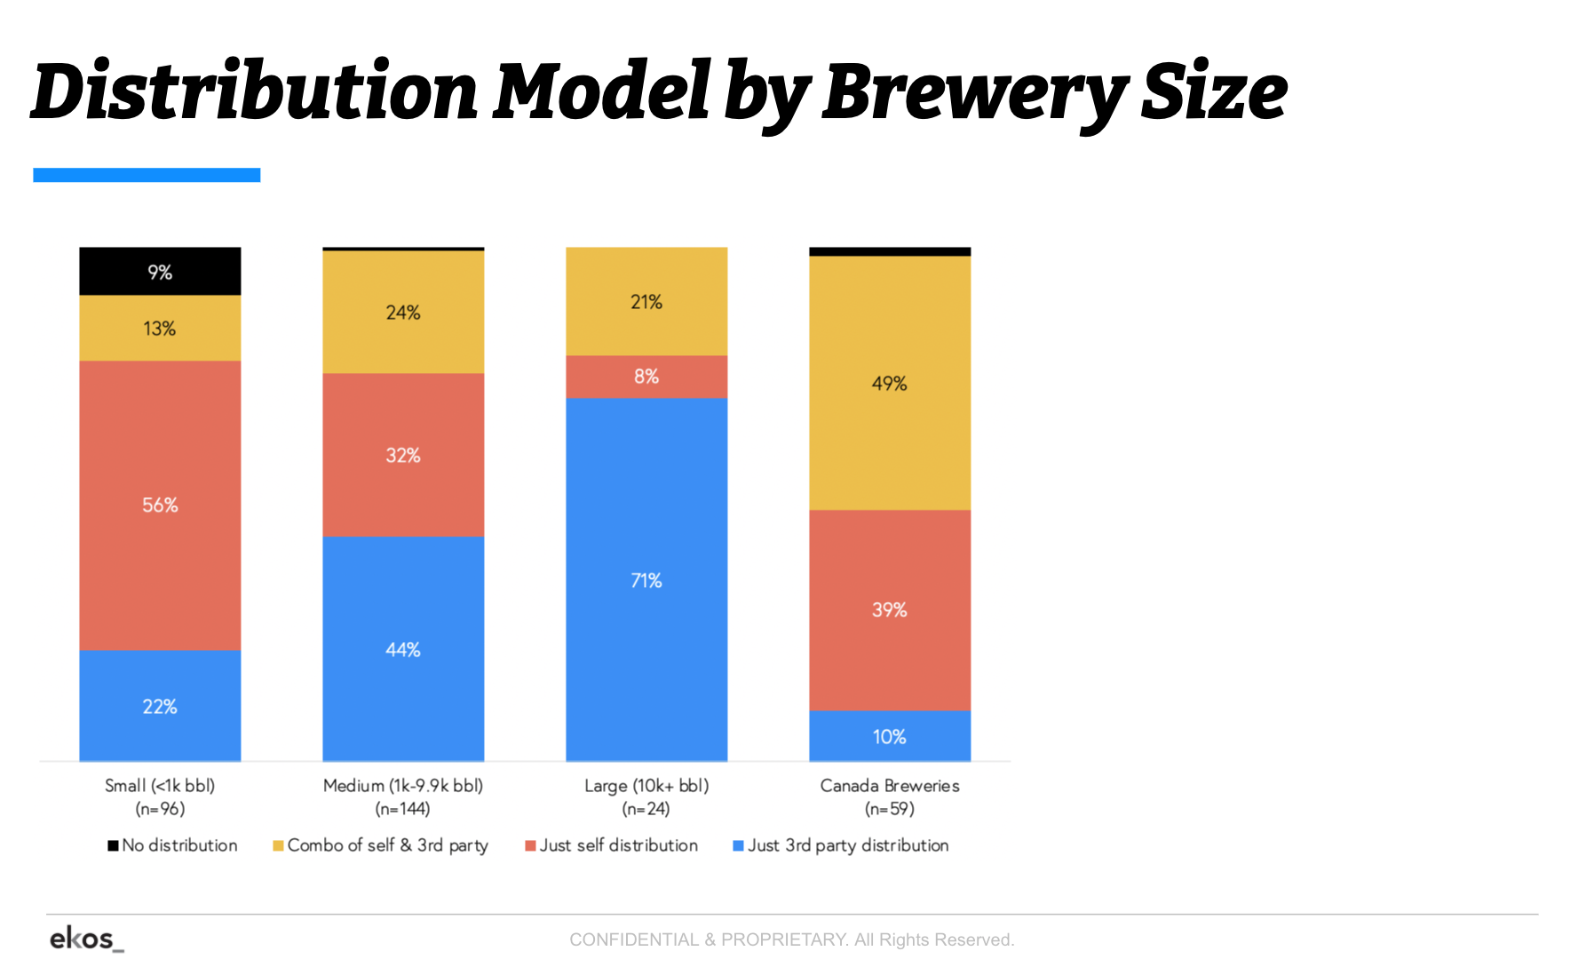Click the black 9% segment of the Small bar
tap(160, 271)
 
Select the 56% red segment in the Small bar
tap(160, 505)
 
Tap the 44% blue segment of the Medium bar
tap(402, 649)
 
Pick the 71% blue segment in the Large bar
tap(646, 580)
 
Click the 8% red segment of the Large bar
tap(646, 376)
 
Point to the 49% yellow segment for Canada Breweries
tap(889, 383)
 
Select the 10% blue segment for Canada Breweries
tap(889, 736)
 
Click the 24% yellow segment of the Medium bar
tap(402, 312)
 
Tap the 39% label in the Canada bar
tap(889, 610)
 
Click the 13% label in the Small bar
tap(160, 329)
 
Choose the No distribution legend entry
tap(173, 845)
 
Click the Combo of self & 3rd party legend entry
tap(381, 845)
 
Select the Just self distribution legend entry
tap(612, 845)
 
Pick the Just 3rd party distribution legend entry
tap(841, 845)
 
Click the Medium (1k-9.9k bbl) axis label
tap(402, 786)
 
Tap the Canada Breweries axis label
tap(889, 786)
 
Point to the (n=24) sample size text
tap(646, 809)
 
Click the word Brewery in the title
tap(975, 93)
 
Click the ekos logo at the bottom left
tap(84, 939)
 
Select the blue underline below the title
tap(147, 175)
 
